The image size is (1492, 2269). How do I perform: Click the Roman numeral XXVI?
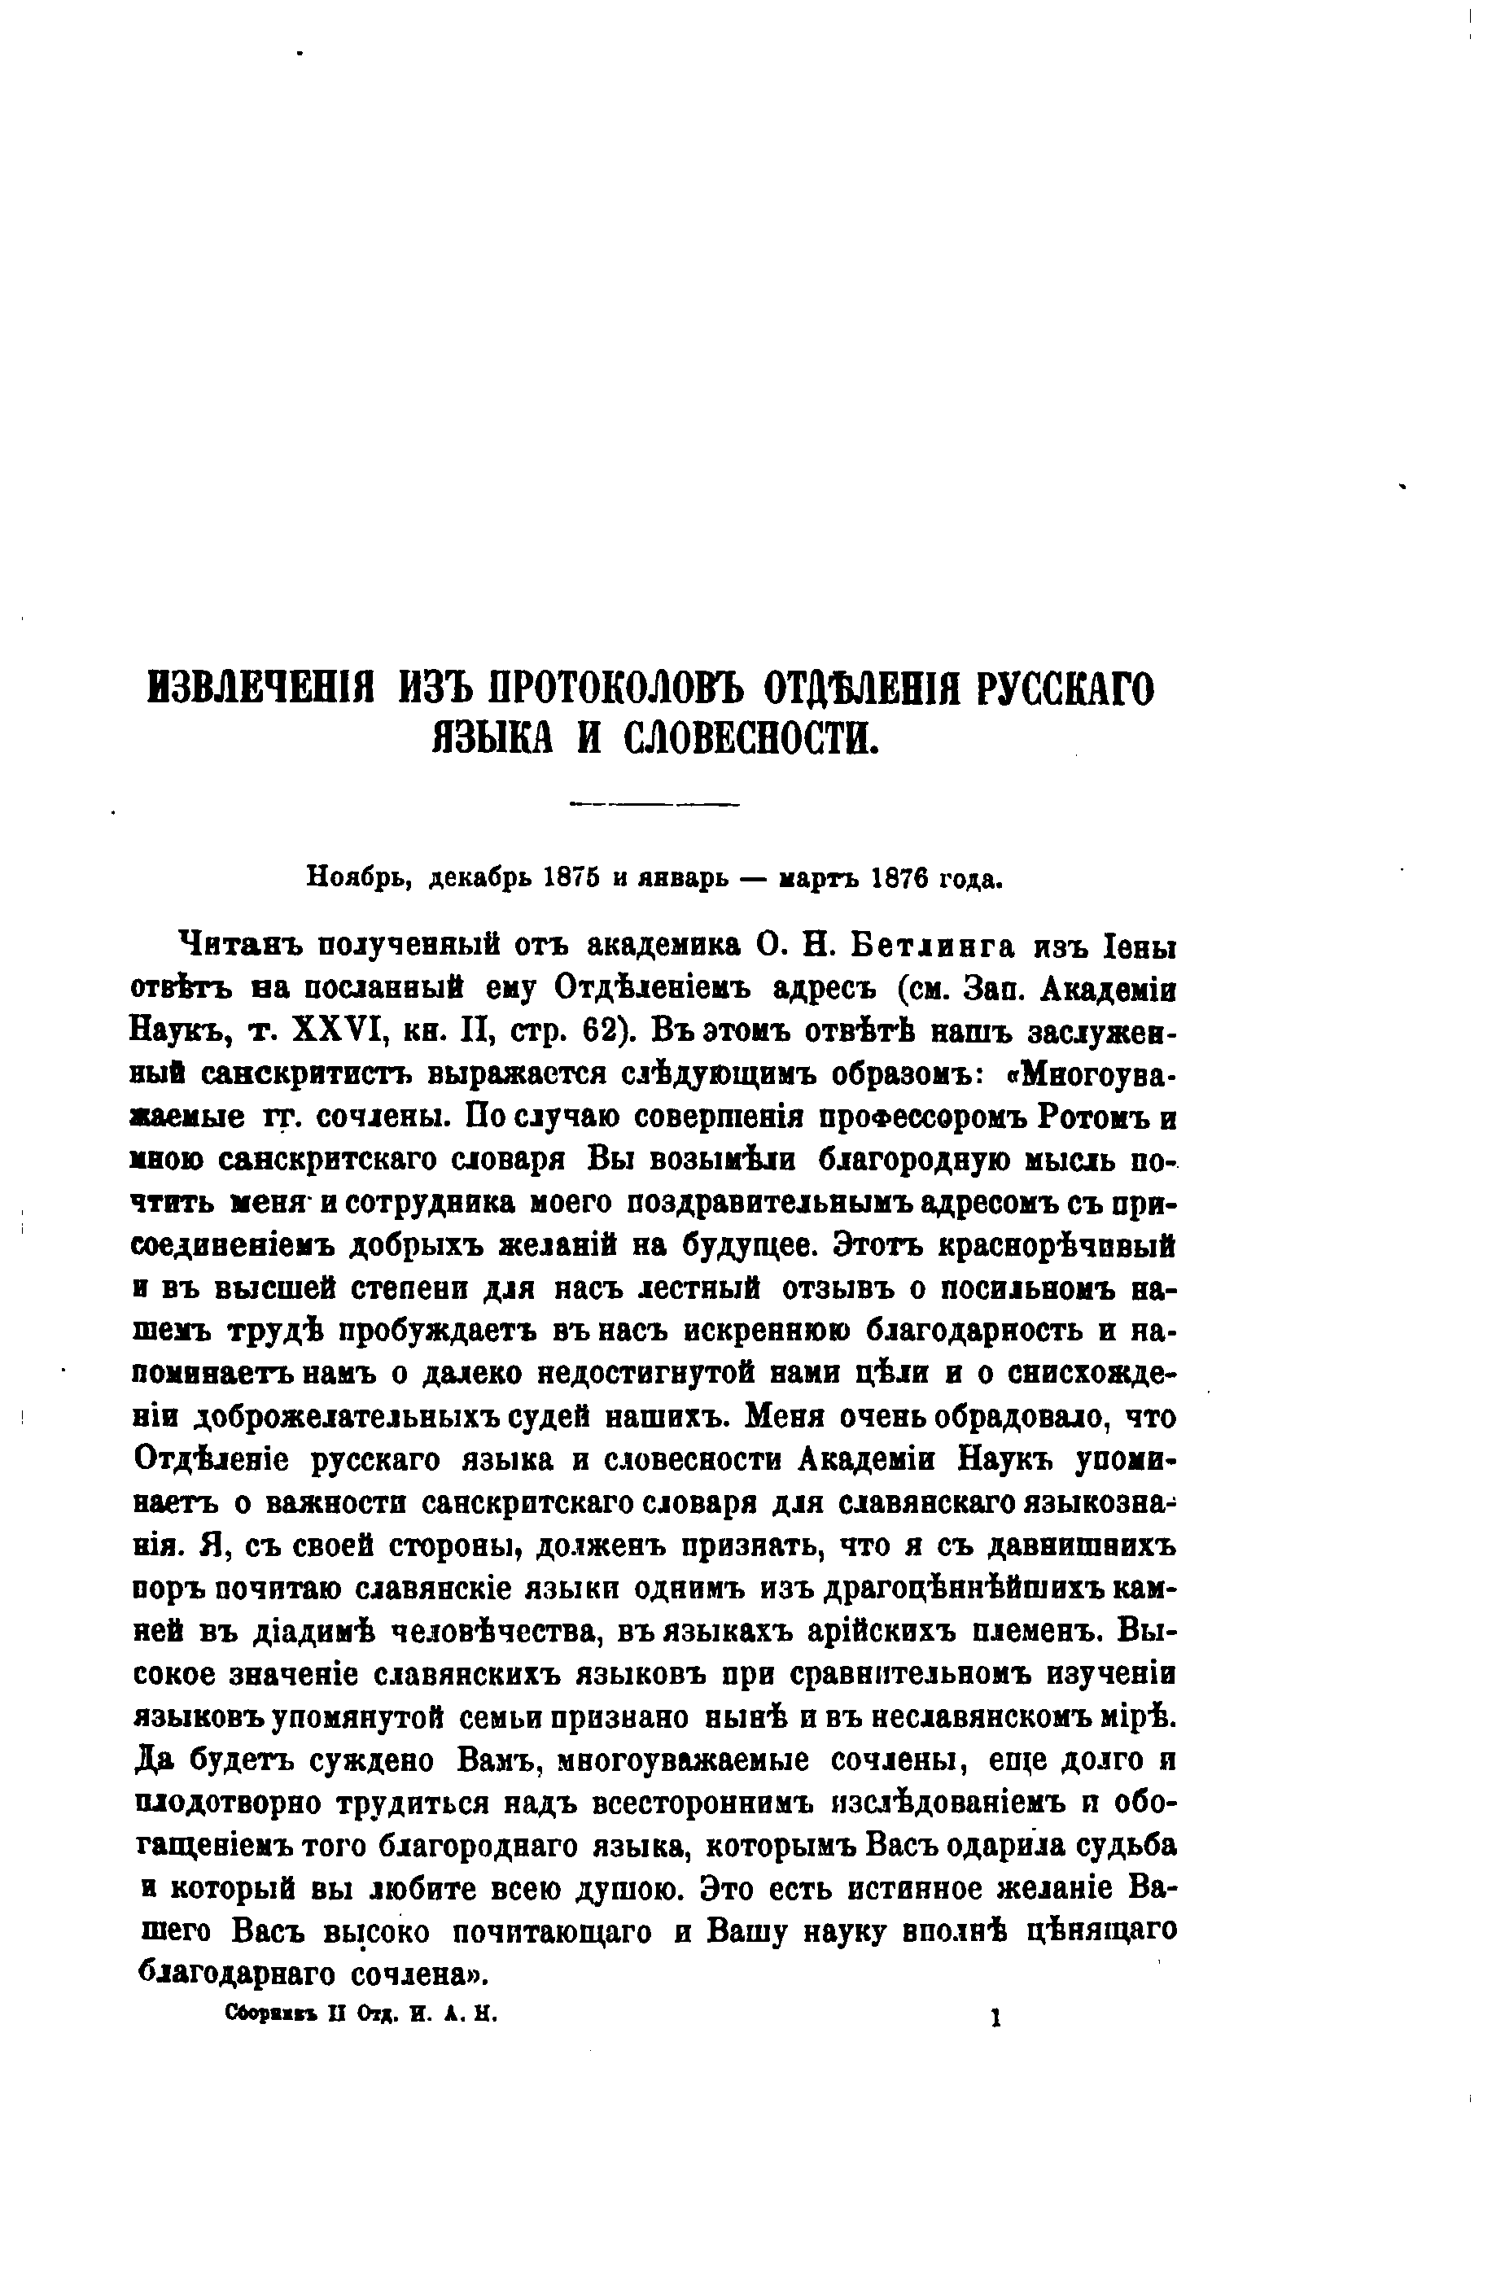(x=327, y=1031)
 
